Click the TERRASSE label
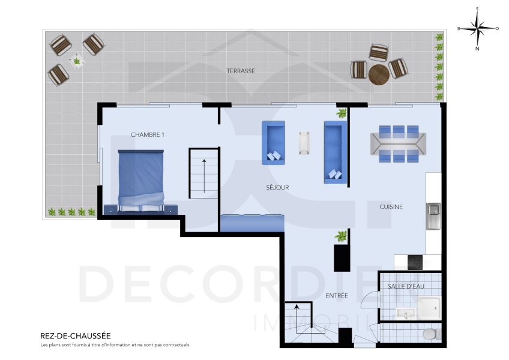(241, 71)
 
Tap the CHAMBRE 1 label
(148, 134)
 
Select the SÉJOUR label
(277, 187)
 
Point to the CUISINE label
(391, 206)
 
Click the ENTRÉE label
(337, 296)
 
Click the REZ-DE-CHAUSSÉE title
(75, 336)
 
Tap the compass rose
(477, 28)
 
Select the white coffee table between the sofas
(304, 142)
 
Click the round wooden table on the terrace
(379, 74)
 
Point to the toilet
(429, 334)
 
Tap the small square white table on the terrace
(76, 60)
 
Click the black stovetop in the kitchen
(415, 262)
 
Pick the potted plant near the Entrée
(342, 236)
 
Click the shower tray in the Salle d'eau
(429, 307)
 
